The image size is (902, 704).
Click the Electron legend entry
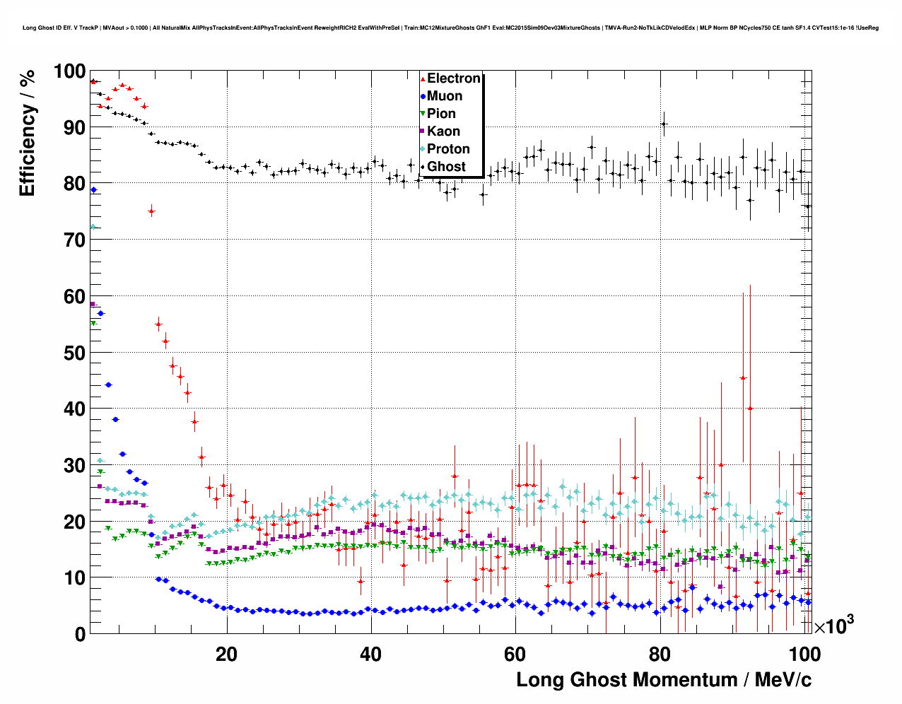click(x=453, y=78)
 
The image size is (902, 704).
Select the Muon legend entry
click(x=445, y=96)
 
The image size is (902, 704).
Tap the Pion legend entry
click(x=441, y=114)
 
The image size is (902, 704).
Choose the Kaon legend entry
click(x=443, y=131)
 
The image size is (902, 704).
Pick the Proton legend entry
click(x=448, y=149)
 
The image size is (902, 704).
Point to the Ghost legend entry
click(x=446, y=167)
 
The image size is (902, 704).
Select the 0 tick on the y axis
click(x=80, y=634)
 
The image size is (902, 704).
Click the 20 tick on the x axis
click(x=226, y=654)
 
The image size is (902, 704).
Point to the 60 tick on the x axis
click(x=515, y=654)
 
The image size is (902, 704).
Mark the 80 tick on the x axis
click(x=659, y=654)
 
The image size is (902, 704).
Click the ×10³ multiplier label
click(x=833, y=626)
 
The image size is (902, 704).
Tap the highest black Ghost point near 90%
click(x=664, y=124)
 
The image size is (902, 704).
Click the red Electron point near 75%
click(x=151, y=211)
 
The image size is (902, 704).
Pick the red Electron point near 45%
click(x=743, y=378)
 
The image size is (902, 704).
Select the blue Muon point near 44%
click(x=108, y=385)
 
